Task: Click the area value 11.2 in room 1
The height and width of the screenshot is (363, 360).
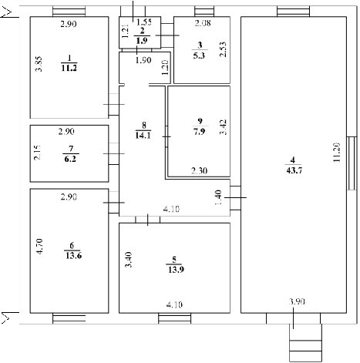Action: tap(69, 68)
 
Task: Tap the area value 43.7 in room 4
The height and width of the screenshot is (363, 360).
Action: tap(294, 170)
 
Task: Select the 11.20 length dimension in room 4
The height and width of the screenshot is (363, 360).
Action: tap(337, 153)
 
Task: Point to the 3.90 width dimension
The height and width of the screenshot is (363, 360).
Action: tap(297, 301)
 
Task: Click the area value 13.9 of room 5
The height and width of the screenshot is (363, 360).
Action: tap(176, 270)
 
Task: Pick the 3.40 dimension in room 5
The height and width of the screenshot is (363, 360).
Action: tap(129, 260)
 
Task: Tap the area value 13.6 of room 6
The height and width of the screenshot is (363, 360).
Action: tap(73, 256)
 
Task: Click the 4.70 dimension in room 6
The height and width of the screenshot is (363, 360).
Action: tap(40, 247)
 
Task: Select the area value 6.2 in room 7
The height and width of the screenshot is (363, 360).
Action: tap(70, 159)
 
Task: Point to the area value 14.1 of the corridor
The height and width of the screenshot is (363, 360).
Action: tap(143, 136)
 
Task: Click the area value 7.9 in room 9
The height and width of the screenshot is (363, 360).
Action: tap(200, 132)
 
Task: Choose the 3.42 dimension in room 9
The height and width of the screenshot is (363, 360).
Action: tap(223, 127)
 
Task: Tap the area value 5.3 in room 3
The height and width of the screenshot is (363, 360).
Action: tap(199, 55)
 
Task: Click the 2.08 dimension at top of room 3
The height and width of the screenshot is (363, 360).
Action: tap(203, 23)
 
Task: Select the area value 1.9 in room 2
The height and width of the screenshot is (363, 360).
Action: tap(142, 41)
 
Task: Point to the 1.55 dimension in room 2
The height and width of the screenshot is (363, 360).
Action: tap(144, 22)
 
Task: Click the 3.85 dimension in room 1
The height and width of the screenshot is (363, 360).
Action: tap(39, 64)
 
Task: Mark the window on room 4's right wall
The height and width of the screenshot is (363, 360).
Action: tap(352, 163)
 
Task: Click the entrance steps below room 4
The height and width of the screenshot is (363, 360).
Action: tap(306, 343)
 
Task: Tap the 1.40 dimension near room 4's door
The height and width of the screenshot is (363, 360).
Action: tap(218, 197)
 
